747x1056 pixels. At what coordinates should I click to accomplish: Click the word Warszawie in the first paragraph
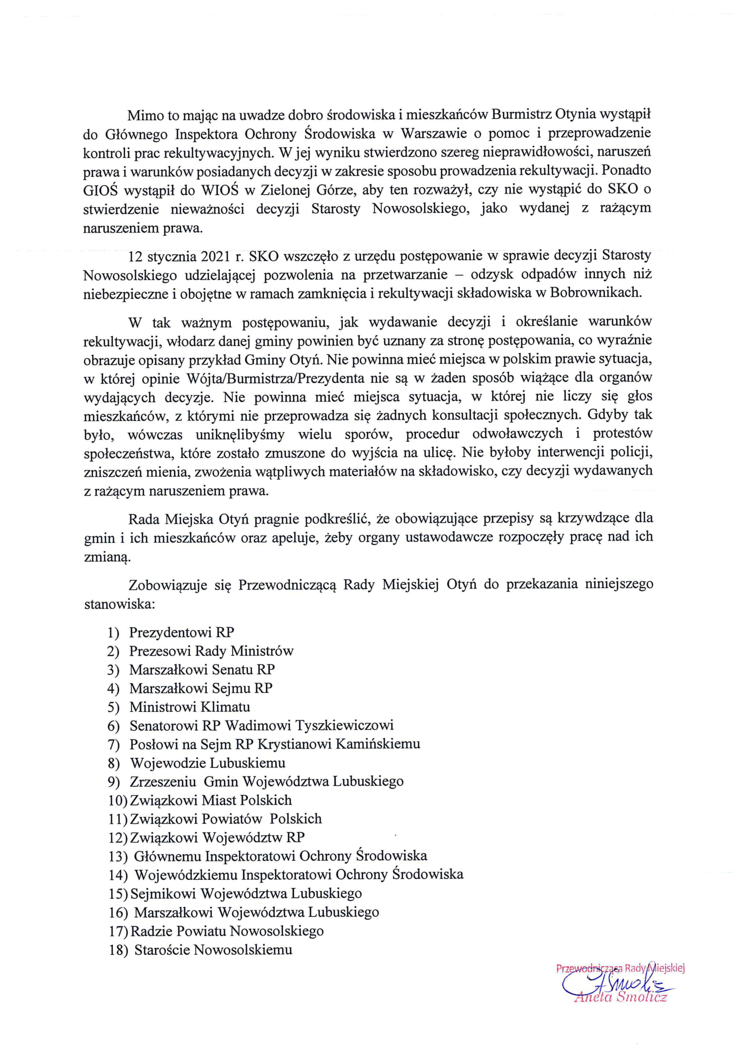434,133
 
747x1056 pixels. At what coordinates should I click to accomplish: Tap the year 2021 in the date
215,256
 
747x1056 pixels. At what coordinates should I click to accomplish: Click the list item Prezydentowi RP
181,632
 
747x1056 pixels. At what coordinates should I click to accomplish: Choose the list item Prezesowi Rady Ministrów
211,651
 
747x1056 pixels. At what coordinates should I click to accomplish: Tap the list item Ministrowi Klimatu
190,707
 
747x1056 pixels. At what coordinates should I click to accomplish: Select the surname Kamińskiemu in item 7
378,744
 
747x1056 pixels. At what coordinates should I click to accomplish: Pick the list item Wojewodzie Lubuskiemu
207,763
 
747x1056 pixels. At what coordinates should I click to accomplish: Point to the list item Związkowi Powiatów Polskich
225,819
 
